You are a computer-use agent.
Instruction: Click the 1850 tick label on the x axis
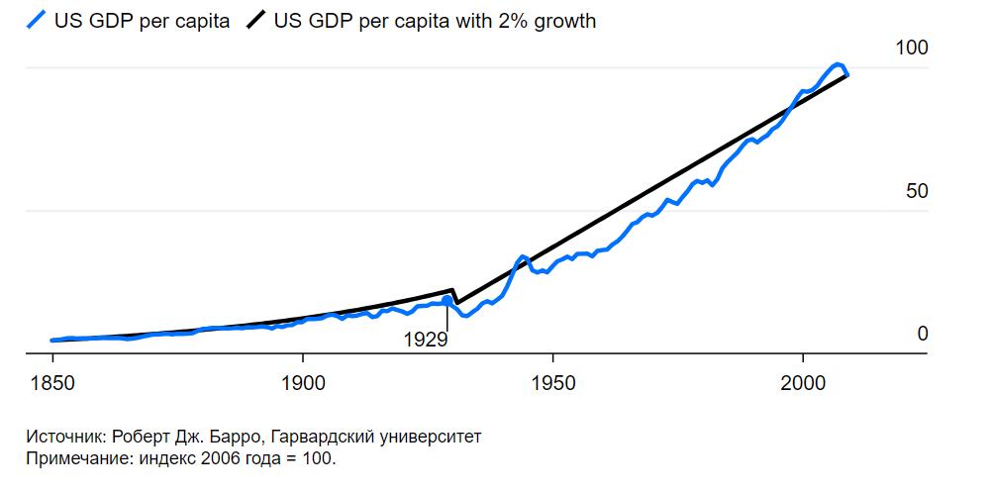pos(52,383)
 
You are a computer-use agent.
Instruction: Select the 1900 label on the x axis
pos(303,383)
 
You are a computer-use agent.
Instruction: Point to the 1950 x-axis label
pos(552,383)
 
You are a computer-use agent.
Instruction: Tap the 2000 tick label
pos(803,383)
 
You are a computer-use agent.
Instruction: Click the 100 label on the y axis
pos(911,49)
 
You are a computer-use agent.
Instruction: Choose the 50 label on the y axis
pos(917,191)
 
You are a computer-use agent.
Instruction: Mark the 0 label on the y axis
pos(923,334)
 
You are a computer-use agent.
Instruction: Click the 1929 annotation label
pos(426,340)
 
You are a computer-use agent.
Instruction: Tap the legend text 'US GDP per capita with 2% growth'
pos(436,20)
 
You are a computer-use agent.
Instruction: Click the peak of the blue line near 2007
pos(838,65)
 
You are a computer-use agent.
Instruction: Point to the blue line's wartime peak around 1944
pos(523,256)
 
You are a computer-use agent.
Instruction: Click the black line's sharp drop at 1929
pos(453,296)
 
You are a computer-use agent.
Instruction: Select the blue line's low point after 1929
pos(463,316)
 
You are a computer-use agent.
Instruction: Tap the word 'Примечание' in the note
pos(75,458)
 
